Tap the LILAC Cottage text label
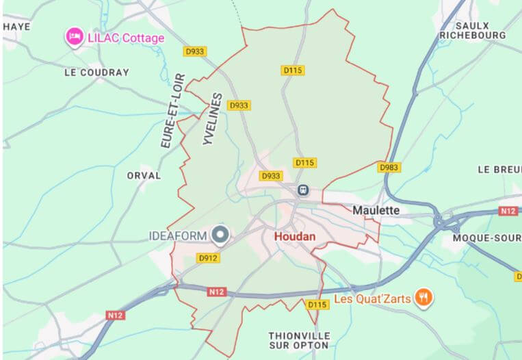click(x=126, y=38)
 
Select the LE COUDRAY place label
click(x=96, y=72)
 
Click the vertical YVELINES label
click(x=213, y=118)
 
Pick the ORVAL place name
click(x=144, y=175)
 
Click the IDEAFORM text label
click(x=178, y=236)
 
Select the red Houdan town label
click(x=295, y=236)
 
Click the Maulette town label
click(x=376, y=210)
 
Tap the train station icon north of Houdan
click(x=302, y=190)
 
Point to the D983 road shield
click(x=389, y=167)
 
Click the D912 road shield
click(x=208, y=258)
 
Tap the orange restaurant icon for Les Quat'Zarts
click(x=425, y=298)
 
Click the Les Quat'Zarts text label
click(x=374, y=299)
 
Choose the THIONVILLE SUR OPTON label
click(x=300, y=341)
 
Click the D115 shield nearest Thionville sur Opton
click(x=317, y=305)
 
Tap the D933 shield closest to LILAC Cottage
click(x=196, y=51)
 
